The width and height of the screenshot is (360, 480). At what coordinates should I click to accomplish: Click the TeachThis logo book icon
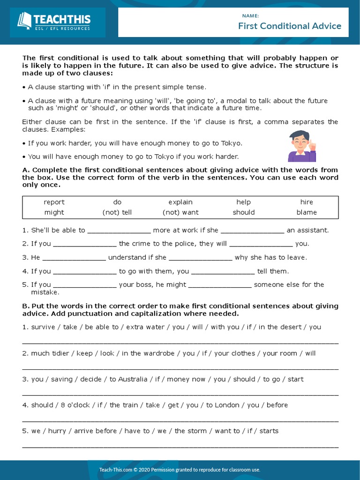pyautogui.click(x=24, y=21)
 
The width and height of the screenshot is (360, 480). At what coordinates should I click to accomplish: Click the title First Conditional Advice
pyautogui.click(x=289, y=26)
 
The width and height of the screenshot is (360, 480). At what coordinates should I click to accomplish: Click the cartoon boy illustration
pyautogui.click(x=301, y=146)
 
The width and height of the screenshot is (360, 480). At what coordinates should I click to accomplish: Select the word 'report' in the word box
pyautogui.click(x=54, y=202)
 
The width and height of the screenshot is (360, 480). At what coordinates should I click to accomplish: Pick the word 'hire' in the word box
pyautogui.click(x=307, y=202)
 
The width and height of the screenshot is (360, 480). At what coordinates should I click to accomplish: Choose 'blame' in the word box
pyautogui.click(x=307, y=212)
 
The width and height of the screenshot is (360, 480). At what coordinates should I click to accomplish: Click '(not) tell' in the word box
pyautogui.click(x=117, y=212)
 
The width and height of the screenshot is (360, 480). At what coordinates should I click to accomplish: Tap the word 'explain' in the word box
pyautogui.click(x=180, y=202)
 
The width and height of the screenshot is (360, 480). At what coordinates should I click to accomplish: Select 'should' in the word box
pyautogui.click(x=244, y=212)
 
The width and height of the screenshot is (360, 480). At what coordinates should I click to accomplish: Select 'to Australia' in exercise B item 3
pyautogui.click(x=128, y=379)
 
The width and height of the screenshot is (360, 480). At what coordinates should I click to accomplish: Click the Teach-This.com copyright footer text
pyautogui.click(x=180, y=470)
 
